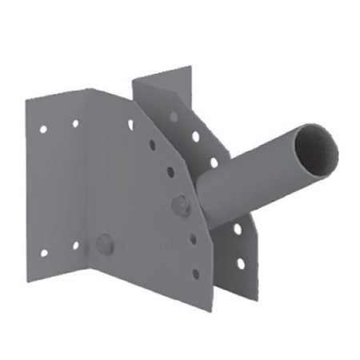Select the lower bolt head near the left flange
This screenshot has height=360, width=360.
(102, 242)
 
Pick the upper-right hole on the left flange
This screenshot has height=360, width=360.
(75, 123)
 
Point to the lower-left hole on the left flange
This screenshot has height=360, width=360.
(44, 253)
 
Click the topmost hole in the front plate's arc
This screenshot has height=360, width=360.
(130, 124)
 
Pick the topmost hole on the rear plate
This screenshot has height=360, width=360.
(173, 115)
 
